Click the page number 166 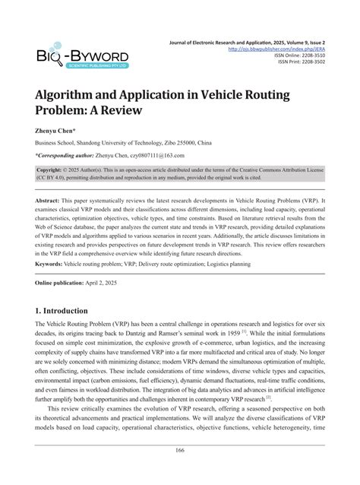[x=179, y=473]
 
